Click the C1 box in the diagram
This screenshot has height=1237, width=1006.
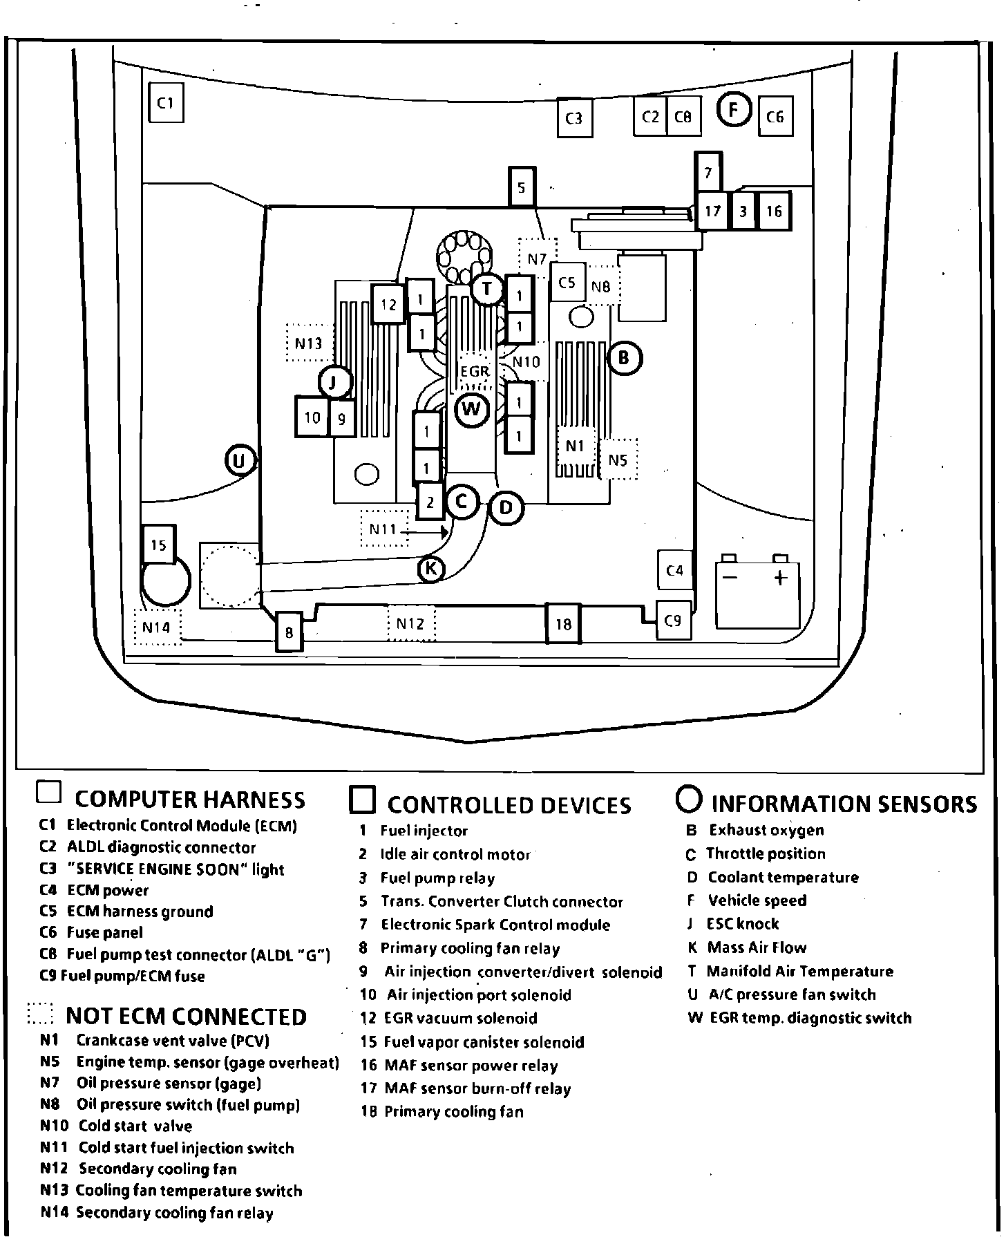166,103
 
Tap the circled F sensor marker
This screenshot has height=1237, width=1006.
734,109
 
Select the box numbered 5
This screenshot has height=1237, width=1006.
522,187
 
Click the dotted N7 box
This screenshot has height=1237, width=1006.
538,258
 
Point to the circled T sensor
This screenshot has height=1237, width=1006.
487,289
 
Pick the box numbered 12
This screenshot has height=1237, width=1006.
389,304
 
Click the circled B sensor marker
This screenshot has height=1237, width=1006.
625,358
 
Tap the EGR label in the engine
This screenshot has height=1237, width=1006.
475,372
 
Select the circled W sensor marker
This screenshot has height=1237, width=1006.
473,409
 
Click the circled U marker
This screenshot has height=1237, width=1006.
240,460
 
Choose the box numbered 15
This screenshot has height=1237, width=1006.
158,545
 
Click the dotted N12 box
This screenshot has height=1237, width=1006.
410,624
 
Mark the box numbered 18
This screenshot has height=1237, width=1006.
563,624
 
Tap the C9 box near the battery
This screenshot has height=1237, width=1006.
673,621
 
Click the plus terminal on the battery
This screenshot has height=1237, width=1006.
780,578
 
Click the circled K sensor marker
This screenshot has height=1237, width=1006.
431,569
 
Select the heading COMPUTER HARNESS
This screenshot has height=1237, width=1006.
189,800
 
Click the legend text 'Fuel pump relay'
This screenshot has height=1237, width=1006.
437,878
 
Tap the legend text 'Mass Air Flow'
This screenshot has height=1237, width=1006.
757,947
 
